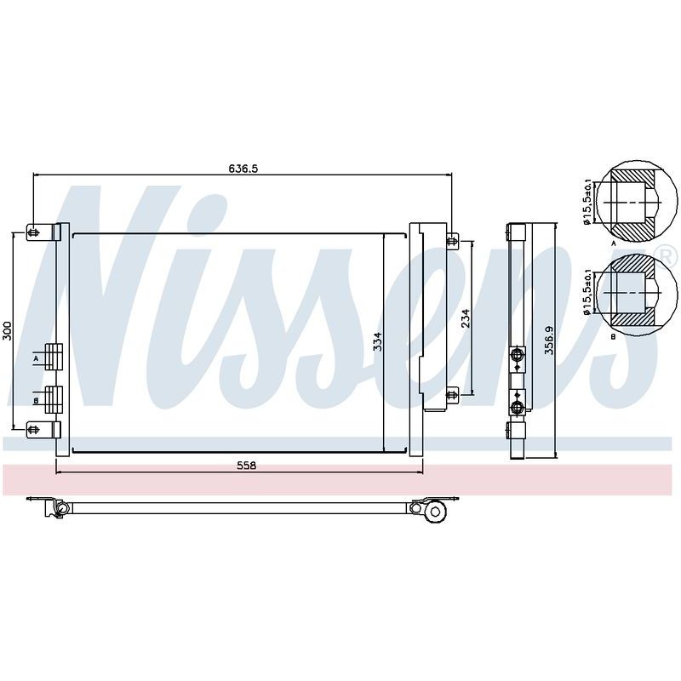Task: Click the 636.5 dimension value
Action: (x=243, y=168)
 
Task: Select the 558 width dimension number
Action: (x=247, y=466)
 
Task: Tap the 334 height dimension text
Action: (x=378, y=342)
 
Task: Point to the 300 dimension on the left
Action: (x=7, y=331)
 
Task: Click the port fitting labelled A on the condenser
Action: (x=54, y=357)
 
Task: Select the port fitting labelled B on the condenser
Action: (x=54, y=399)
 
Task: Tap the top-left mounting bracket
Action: (x=43, y=232)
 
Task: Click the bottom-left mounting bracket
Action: (x=43, y=430)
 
